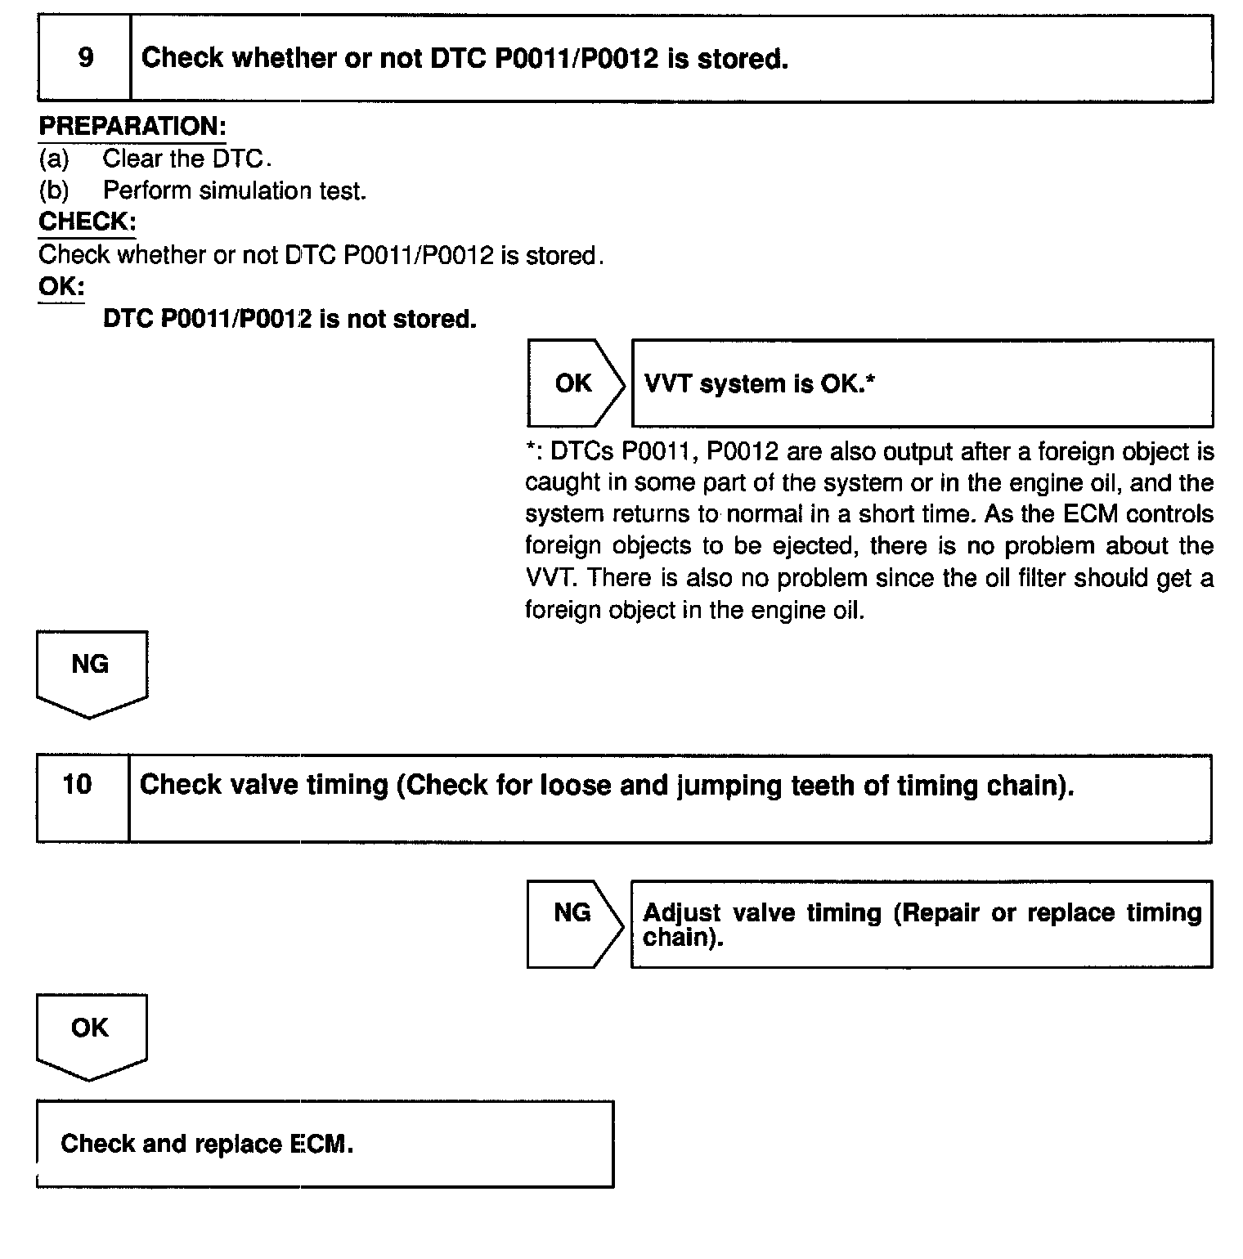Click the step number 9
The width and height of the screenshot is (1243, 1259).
[x=85, y=58]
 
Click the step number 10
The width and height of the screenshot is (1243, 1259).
[x=78, y=785]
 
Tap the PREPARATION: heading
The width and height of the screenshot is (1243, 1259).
[x=132, y=127]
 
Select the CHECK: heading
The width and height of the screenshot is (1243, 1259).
[x=87, y=222]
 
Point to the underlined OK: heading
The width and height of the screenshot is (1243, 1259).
[x=61, y=287]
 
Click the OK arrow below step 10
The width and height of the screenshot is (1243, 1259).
[x=91, y=1032]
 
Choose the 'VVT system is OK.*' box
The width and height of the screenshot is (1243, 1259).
[x=922, y=383]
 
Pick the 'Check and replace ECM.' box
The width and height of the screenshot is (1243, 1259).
[x=325, y=1143]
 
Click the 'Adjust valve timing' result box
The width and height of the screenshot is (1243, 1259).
[x=922, y=924]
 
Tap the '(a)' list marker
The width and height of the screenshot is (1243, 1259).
[x=54, y=158]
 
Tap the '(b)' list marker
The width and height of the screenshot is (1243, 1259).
[x=54, y=190]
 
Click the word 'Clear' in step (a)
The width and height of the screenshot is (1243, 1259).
[x=132, y=158]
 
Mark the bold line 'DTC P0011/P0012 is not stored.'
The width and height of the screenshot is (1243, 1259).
[x=289, y=319]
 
